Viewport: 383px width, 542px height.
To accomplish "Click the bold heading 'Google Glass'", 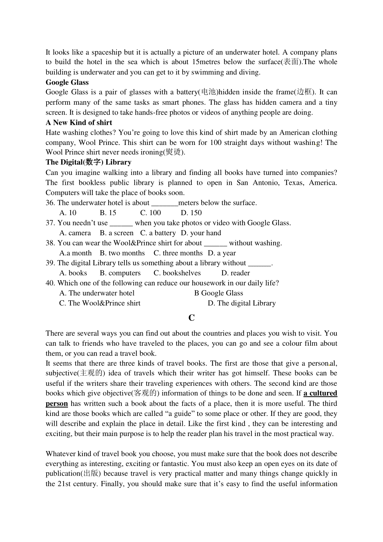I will tap(67, 82).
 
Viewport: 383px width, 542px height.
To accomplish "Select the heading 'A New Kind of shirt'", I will tap(79, 123).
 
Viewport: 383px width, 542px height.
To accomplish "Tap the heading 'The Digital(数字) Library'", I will tap(88, 162).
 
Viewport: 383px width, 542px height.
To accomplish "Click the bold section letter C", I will tap(191, 318).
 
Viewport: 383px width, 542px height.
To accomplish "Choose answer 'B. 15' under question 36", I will tap(108, 213).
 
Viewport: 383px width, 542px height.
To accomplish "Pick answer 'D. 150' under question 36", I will tap(191, 213).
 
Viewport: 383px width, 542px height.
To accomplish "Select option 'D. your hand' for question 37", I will tap(201, 233).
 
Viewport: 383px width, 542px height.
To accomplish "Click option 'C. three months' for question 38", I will tap(178, 253).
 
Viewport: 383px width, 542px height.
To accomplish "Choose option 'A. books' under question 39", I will tap(73, 273).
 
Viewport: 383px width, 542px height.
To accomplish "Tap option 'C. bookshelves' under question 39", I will tap(177, 273).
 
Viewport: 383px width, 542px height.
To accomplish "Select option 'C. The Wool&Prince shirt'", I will tap(100, 303).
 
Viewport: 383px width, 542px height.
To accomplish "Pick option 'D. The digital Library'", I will tap(242, 303).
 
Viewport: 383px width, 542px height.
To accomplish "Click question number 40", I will tap(50, 283).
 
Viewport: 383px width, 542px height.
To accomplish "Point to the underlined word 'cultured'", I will tap(323, 393).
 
